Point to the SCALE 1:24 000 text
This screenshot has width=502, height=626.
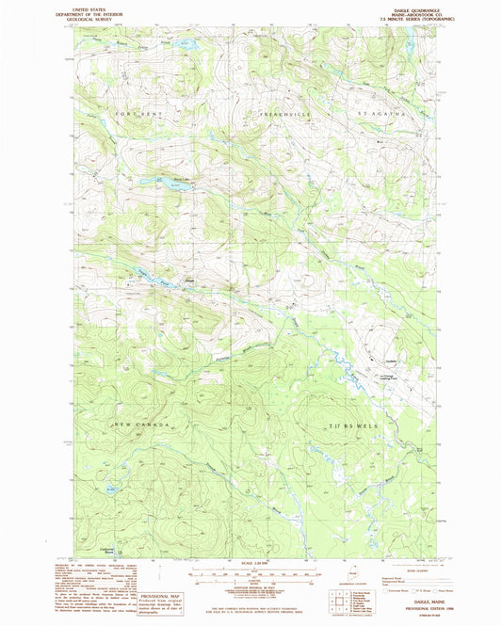251,565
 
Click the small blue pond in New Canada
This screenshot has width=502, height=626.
113,488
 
